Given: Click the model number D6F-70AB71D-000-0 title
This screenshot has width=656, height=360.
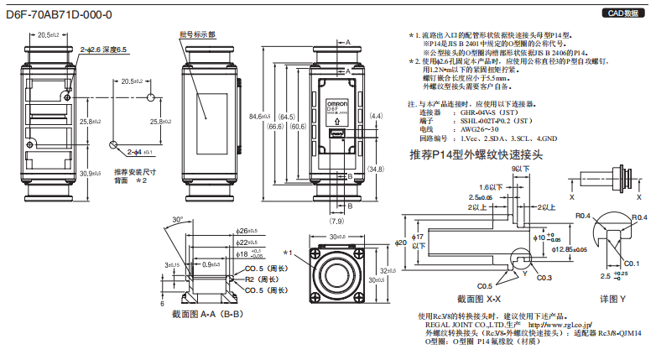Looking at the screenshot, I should point(58,14).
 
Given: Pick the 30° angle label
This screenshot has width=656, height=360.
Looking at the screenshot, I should point(177,220).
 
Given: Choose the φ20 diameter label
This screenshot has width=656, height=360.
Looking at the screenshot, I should point(401,243).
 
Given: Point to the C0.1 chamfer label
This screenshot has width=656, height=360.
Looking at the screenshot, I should point(632,263).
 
